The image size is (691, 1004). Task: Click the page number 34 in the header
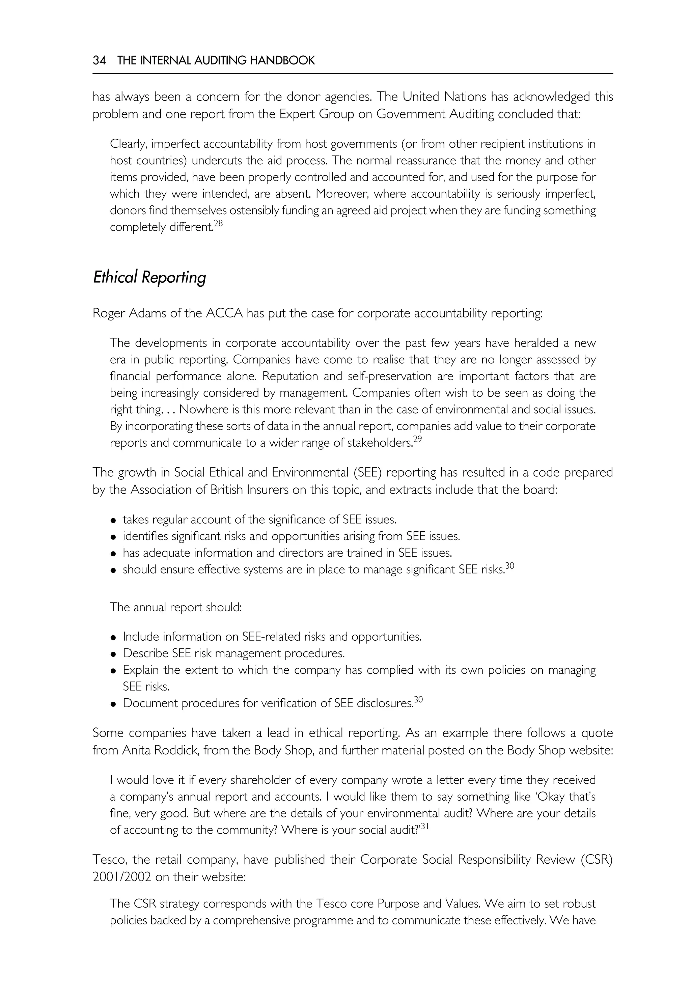click(x=99, y=60)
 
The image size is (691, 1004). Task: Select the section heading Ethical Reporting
click(x=149, y=277)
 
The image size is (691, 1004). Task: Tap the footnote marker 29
click(x=417, y=439)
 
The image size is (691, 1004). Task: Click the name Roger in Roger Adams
click(x=109, y=313)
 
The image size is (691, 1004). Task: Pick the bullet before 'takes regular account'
click(x=113, y=520)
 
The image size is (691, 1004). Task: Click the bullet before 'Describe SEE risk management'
click(x=113, y=654)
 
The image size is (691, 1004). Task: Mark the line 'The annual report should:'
click(x=176, y=607)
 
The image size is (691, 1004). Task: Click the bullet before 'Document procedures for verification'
click(x=113, y=704)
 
